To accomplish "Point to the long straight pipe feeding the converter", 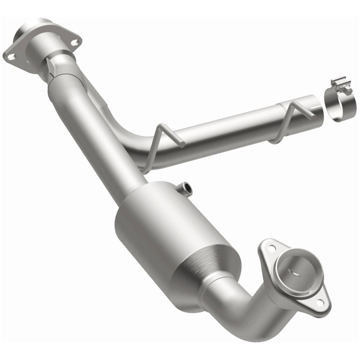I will point(99,130).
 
